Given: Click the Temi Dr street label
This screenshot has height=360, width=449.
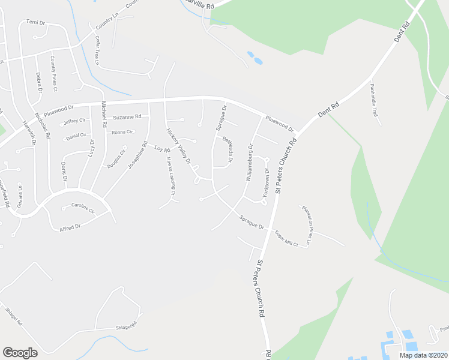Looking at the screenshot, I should click(x=36, y=22).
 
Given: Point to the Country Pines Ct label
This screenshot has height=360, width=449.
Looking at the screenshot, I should click(x=53, y=73).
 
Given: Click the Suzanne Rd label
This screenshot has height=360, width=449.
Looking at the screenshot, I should click(x=127, y=116).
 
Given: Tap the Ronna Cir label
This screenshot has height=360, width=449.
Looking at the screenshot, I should click(x=122, y=131).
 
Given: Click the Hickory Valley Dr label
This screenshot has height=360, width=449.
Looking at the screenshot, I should click(x=178, y=145).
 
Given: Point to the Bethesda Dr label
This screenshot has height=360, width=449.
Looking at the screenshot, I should click(x=228, y=150).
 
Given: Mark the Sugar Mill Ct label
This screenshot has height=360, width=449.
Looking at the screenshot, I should click(x=287, y=238).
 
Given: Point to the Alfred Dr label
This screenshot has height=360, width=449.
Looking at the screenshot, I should click(x=69, y=227).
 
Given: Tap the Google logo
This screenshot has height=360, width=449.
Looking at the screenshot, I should click(x=20, y=353).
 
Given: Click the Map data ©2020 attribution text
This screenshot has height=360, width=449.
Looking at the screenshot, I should click(x=423, y=355).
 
